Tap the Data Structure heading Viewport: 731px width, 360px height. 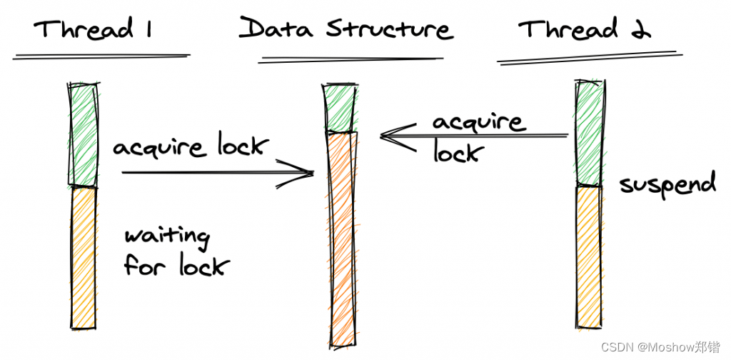[x=346, y=29]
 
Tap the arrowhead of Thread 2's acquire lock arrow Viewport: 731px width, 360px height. [x=389, y=135]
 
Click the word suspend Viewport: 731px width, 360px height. [x=667, y=184]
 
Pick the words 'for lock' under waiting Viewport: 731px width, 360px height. [x=176, y=266]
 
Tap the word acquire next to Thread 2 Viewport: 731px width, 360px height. [x=478, y=122]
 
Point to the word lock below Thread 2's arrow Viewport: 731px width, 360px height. [x=458, y=151]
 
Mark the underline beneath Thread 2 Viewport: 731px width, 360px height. [x=585, y=57]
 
